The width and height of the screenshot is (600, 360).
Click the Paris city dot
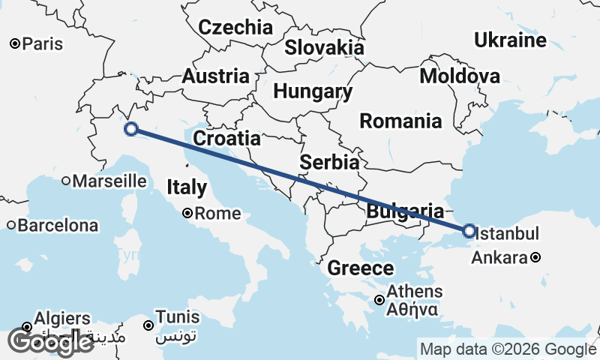click(x=14, y=44)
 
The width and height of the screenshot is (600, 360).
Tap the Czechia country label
click(x=235, y=28)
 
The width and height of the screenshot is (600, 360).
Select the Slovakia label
click(x=324, y=48)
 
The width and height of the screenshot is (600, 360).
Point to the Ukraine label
click(x=510, y=40)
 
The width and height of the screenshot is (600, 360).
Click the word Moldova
click(x=459, y=76)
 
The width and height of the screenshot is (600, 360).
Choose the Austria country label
click(x=215, y=76)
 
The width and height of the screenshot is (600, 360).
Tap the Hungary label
click(x=313, y=92)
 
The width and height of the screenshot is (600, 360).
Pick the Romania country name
click(x=400, y=121)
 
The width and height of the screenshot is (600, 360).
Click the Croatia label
click(x=226, y=139)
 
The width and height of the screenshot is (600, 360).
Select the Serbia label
click(x=329, y=162)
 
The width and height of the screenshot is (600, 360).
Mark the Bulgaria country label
click(x=405, y=211)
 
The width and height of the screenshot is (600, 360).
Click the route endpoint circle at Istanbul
click(x=469, y=231)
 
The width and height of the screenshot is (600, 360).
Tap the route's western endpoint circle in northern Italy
click(x=131, y=129)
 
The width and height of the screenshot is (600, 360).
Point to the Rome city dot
click(x=188, y=213)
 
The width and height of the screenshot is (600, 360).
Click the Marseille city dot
click(x=66, y=180)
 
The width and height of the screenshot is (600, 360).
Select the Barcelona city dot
click(x=11, y=225)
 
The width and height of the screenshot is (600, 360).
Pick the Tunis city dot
click(x=148, y=325)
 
